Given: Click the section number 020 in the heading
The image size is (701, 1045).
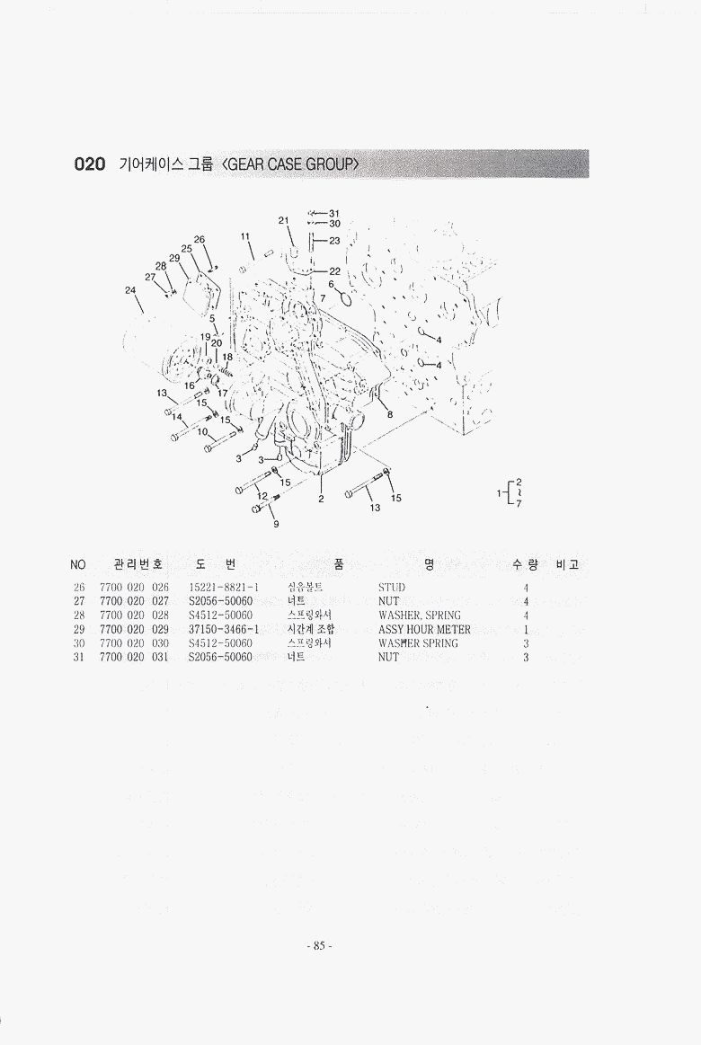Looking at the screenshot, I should tap(90, 164).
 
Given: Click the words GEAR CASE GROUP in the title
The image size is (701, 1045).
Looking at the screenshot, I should tap(293, 164).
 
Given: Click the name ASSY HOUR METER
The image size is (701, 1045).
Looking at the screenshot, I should tap(424, 630).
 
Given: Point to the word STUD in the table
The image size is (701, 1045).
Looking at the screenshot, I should tap(392, 588).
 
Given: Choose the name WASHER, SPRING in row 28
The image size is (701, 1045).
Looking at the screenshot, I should tap(419, 615).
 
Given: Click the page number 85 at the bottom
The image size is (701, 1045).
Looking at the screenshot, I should tap(318, 945).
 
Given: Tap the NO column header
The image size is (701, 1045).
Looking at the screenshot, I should tap(78, 564).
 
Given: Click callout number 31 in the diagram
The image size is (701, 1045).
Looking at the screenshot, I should tap(334, 213).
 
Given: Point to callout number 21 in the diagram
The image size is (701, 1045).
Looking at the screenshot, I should tap(282, 220).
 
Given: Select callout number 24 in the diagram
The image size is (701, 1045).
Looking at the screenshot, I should tap(130, 290).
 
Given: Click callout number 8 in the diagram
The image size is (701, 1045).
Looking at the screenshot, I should tap(390, 414).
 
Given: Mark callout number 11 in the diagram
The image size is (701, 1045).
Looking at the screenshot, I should tap(244, 236).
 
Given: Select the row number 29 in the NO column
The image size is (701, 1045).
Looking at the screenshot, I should tap(78, 630).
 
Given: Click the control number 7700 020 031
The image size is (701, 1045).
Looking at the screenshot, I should tap(134, 658).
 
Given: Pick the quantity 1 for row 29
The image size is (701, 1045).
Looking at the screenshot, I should tap(526, 630).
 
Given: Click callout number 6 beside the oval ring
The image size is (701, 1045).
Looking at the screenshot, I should tap(331, 284).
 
